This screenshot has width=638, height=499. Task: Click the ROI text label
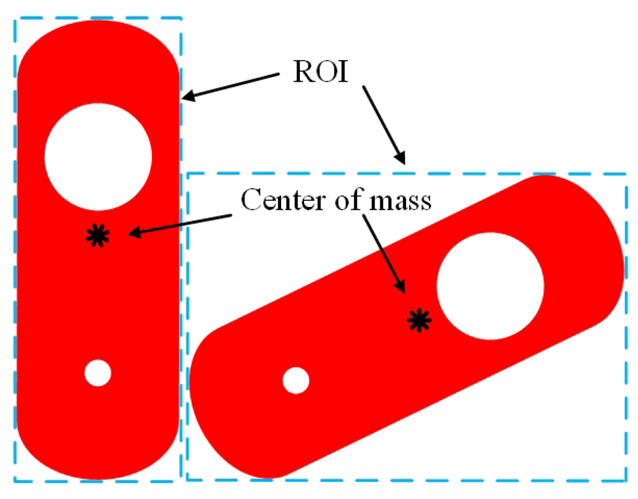tap(321, 71)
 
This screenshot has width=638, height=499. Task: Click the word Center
tap(282, 200)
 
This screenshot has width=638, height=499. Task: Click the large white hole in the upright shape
tap(98, 157)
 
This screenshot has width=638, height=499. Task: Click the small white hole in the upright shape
tap(98, 373)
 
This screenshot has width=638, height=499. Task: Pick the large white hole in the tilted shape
tap(490, 286)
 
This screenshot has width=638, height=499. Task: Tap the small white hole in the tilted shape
tap(296, 381)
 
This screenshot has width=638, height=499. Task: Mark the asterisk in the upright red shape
tap(98, 236)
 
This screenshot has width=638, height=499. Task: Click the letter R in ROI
tap(304, 71)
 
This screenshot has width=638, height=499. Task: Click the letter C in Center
tap(251, 200)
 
